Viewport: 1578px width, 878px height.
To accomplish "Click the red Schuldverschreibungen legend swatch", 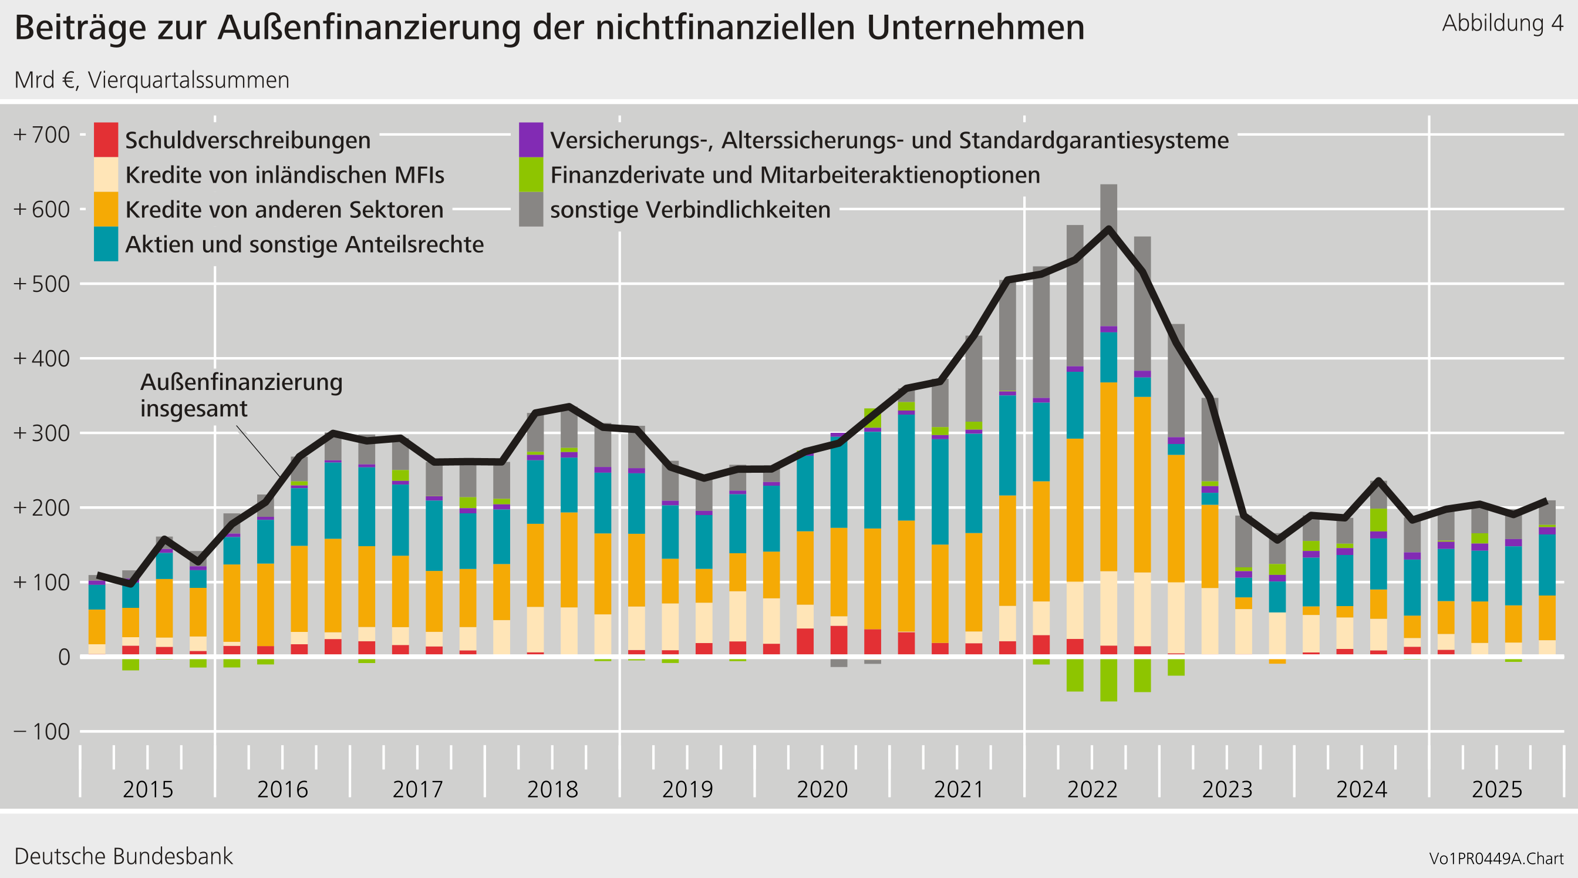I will (x=105, y=140).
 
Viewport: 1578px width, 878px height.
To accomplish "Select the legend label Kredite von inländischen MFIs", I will (x=284, y=175).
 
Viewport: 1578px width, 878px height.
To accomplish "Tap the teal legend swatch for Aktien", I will (x=105, y=244).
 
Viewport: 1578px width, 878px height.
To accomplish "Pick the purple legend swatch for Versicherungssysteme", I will (x=531, y=140).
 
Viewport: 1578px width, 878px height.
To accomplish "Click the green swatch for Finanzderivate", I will (x=531, y=174).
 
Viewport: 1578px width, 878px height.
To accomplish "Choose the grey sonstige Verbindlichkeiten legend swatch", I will (x=531, y=210).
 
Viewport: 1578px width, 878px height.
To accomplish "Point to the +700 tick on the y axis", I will (x=42, y=135).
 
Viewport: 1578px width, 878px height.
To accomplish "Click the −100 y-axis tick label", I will (x=42, y=732).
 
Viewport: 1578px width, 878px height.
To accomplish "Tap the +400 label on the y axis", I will (x=42, y=358).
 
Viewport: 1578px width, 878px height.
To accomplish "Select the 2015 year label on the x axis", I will (x=147, y=789).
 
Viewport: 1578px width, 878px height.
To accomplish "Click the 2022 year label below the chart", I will (x=1093, y=789).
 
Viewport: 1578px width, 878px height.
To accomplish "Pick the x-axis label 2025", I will (x=1496, y=789).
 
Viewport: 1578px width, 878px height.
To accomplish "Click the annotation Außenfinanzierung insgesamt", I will (x=241, y=395).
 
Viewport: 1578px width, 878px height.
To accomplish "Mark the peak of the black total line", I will (x=1109, y=228).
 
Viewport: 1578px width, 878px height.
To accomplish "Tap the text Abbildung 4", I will (x=1502, y=23).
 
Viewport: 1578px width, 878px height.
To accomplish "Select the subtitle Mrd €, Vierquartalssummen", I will (x=151, y=80).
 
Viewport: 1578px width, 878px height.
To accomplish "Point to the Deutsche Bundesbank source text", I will (x=123, y=856).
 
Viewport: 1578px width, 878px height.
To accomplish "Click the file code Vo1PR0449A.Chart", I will (x=1496, y=859).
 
